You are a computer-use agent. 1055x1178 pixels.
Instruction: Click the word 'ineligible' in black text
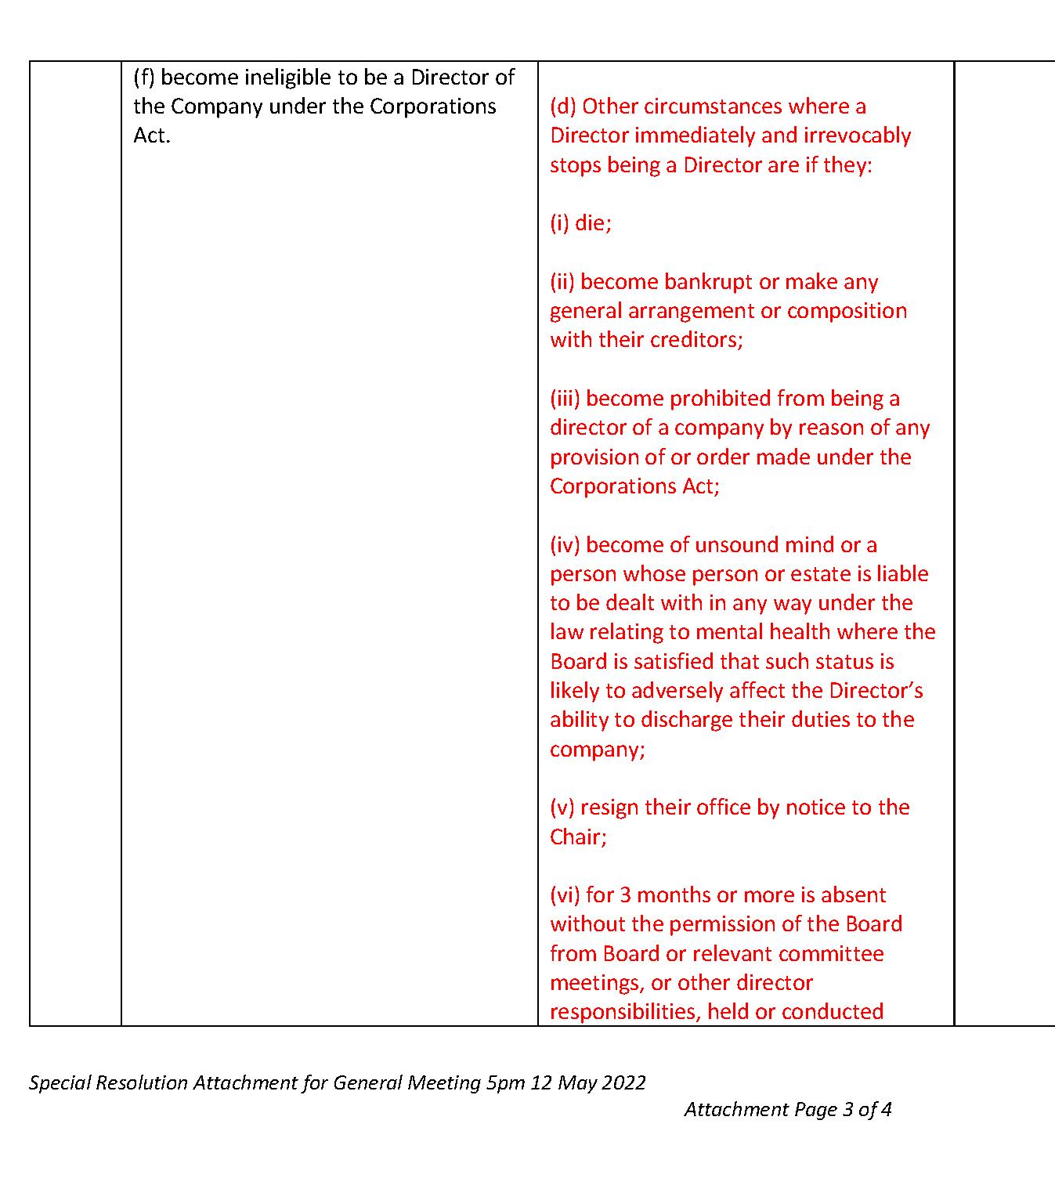click(287, 78)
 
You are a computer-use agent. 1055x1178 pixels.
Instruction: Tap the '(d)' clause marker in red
click(563, 107)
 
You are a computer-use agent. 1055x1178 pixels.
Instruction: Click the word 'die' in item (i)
click(591, 223)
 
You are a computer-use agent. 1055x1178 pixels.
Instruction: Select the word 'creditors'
click(697, 340)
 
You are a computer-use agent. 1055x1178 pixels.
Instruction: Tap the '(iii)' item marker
click(565, 399)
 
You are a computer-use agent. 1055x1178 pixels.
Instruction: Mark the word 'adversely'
click(677, 691)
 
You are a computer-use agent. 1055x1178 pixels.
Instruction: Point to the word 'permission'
click(729, 924)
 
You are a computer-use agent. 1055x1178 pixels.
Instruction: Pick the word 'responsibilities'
click(625, 1012)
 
